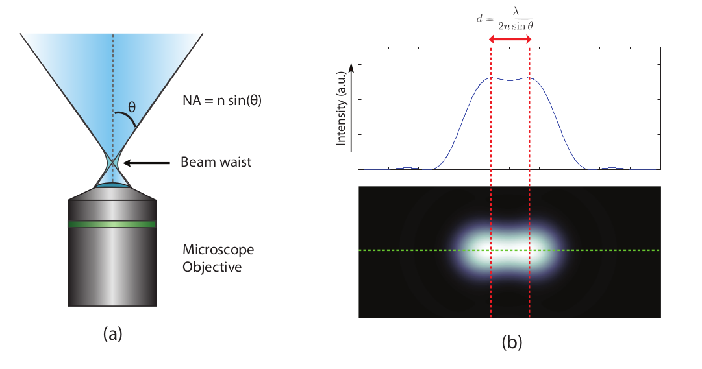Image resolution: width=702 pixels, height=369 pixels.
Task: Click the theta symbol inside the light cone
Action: click(131, 108)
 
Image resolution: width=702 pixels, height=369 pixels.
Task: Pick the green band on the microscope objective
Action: click(112, 224)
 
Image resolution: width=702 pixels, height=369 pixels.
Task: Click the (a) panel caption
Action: click(112, 334)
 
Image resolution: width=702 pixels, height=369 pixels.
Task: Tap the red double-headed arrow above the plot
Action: click(510, 40)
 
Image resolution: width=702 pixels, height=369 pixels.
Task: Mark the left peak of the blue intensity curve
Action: click(491, 78)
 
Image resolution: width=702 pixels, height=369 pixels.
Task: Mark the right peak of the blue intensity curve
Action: click(530, 78)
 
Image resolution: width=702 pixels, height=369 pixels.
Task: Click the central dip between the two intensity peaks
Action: click(510, 80)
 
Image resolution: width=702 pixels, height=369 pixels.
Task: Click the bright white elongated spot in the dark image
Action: click(510, 250)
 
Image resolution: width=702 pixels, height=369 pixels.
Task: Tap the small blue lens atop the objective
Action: click(112, 186)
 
